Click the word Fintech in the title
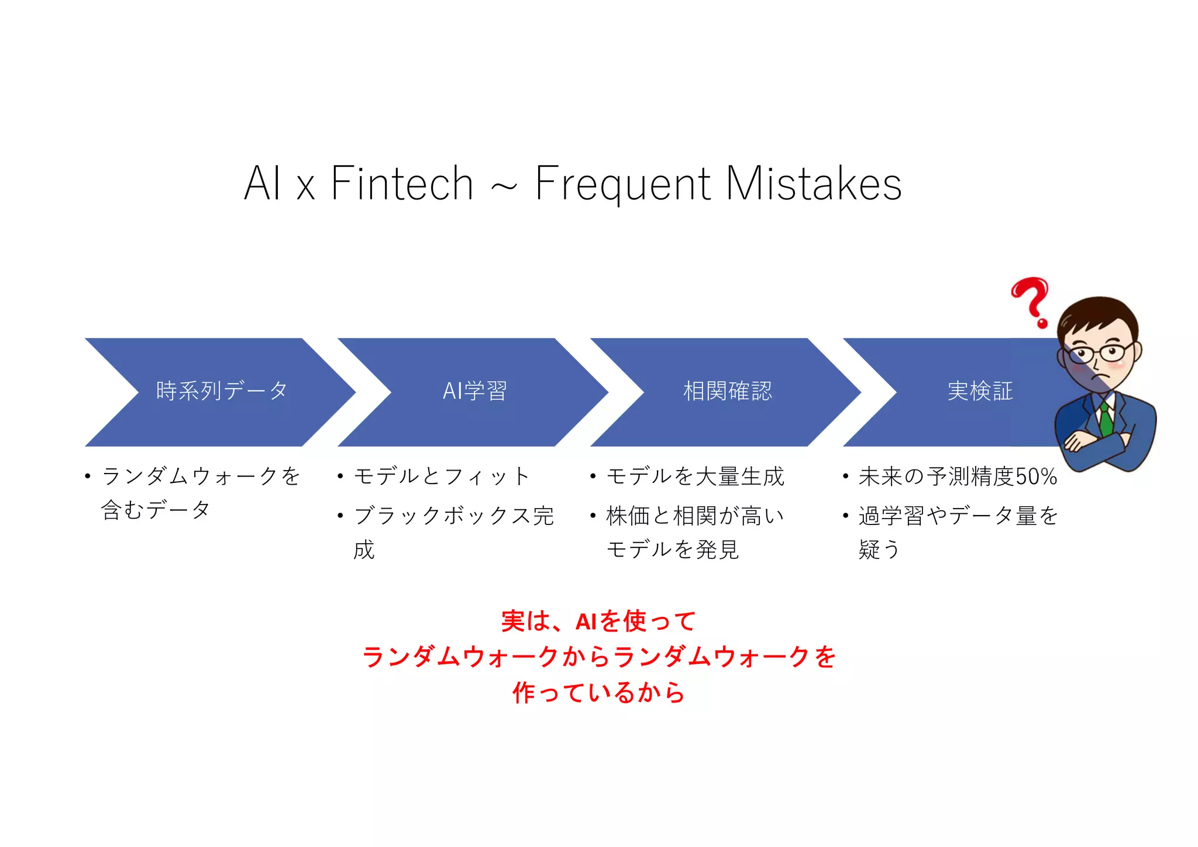tap(402, 183)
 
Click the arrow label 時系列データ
tap(222, 391)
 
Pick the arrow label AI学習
tap(474, 391)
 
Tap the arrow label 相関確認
tap(727, 391)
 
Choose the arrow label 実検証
tap(980, 391)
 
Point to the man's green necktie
tap(1105, 418)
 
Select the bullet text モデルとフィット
tap(442, 476)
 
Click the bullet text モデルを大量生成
tap(695, 476)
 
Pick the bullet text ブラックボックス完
tap(453, 516)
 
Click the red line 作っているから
tap(598, 692)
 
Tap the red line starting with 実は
tap(598, 621)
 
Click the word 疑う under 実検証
tap(879, 550)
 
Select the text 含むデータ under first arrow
tap(155, 510)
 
